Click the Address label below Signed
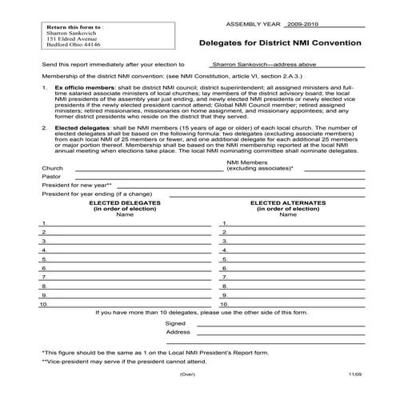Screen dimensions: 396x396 (x=178, y=331)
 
